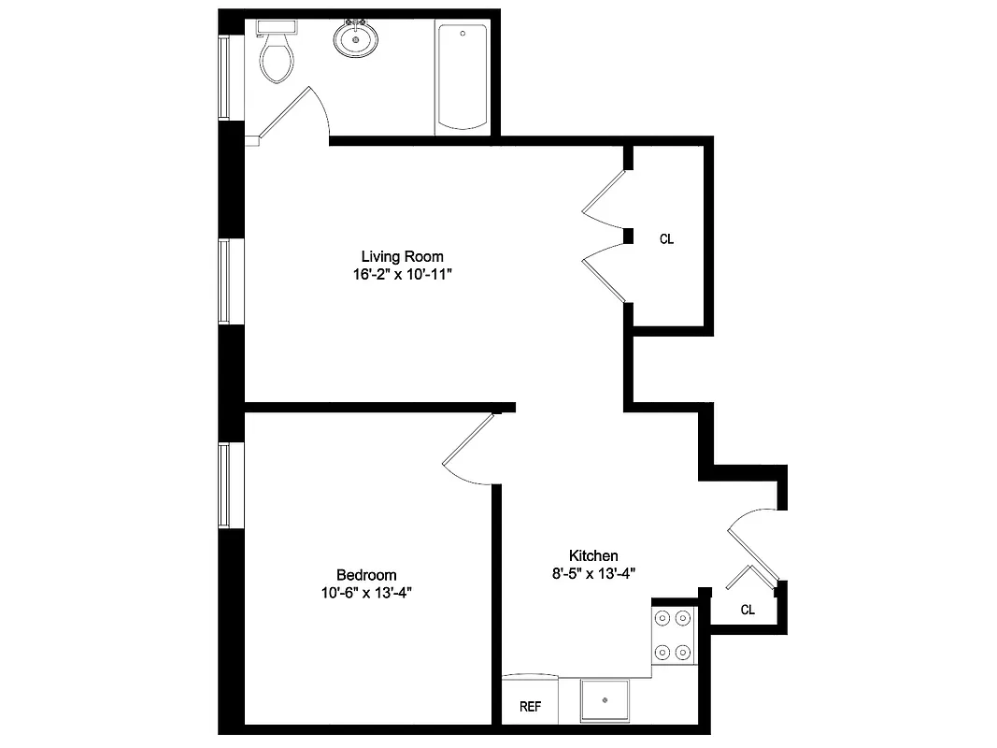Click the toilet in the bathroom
[x=278, y=58]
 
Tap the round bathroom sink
[x=355, y=39]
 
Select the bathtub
[x=462, y=78]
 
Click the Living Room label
[x=402, y=256]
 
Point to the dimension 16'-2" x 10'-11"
[x=402, y=275]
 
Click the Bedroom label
[x=366, y=575]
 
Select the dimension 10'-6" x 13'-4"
[x=366, y=593]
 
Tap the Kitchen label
[x=593, y=555]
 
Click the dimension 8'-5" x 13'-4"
[x=593, y=573]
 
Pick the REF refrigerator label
[x=530, y=707]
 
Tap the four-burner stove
[x=674, y=635]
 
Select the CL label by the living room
[x=666, y=239]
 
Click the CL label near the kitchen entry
[x=748, y=610]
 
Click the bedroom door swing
[x=470, y=450]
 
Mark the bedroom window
[x=224, y=484]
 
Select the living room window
[x=224, y=281]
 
